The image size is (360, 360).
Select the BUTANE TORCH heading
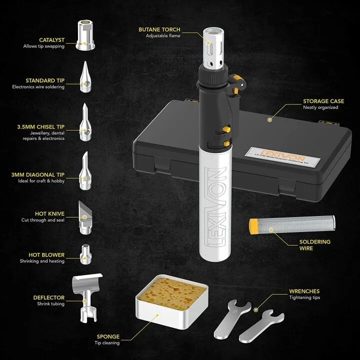[x=159, y=29]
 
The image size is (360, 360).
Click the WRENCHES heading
[x=304, y=291]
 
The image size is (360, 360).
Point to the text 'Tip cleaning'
[x=107, y=342]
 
